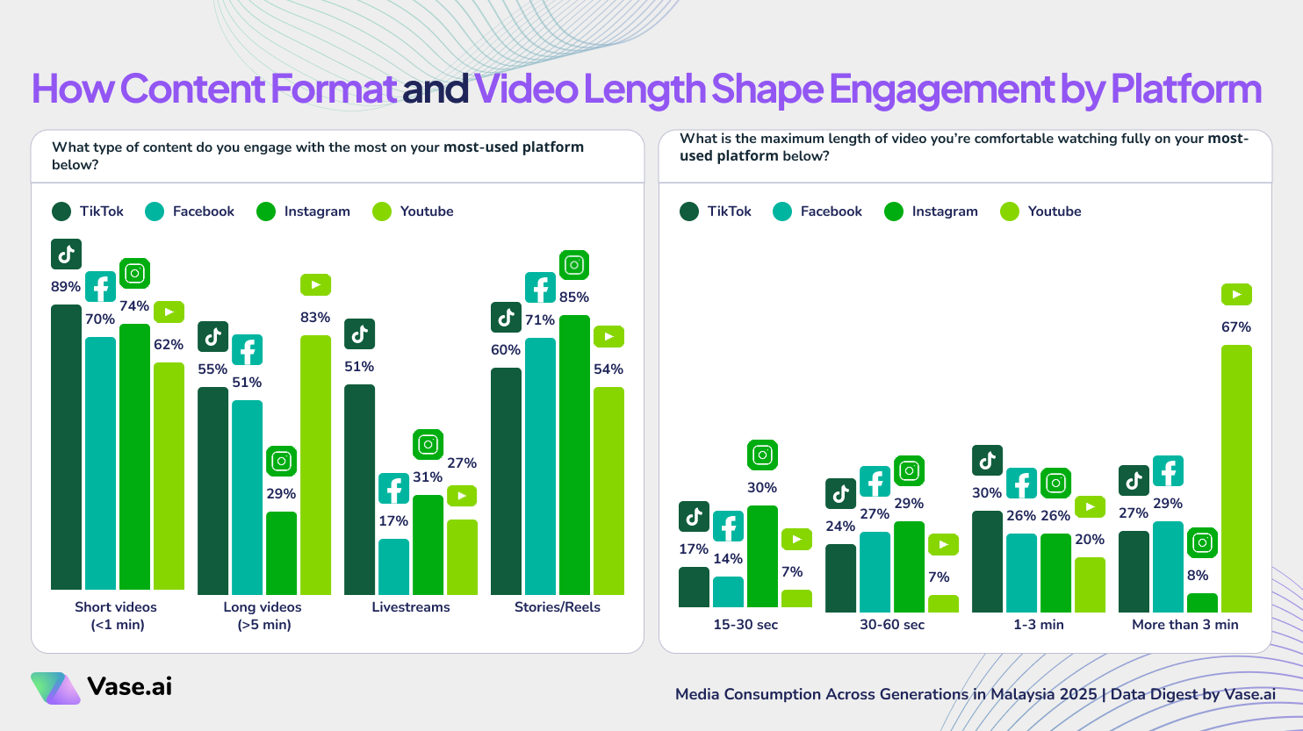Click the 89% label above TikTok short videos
(x=66, y=287)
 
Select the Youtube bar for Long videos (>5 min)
(x=315, y=464)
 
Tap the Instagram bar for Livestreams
(x=428, y=544)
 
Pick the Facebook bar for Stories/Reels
(x=540, y=465)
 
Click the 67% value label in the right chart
(x=1235, y=327)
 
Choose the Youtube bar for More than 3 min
(x=1235, y=478)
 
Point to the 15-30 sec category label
(x=745, y=625)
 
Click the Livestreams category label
(x=411, y=607)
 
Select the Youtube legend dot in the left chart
(x=382, y=211)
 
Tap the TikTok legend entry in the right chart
(x=716, y=211)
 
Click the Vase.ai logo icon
(x=55, y=688)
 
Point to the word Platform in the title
(x=1186, y=90)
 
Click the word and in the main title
(x=435, y=90)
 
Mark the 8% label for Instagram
(x=1198, y=576)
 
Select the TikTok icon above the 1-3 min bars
(x=987, y=461)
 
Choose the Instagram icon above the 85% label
(x=574, y=265)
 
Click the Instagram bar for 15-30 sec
(x=762, y=556)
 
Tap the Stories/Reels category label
(x=558, y=607)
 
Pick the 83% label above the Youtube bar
(x=315, y=318)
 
